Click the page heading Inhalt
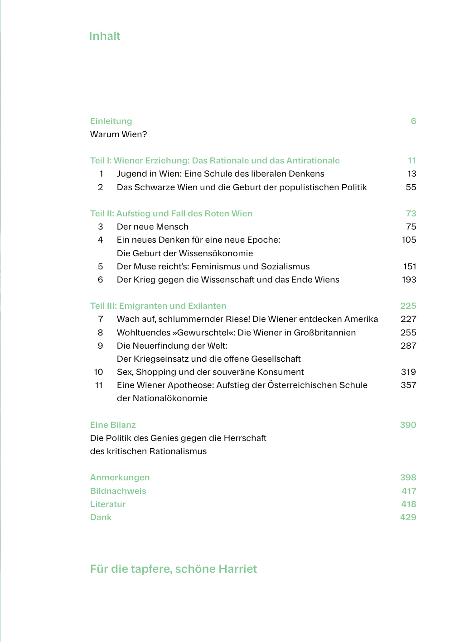(104, 36)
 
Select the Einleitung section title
(111, 121)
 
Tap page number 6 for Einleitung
(413, 121)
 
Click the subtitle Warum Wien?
(118, 134)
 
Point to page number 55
(411, 187)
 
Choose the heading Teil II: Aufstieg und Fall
(171, 214)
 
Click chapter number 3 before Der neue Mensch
(101, 227)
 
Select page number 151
(409, 267)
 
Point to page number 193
(409, 280)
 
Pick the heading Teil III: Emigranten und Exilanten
(158, 306)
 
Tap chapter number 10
(98, 372)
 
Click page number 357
(408, 385)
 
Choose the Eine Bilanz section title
(113, 425)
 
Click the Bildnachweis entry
(118, 491)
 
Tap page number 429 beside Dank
(408, 517)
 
